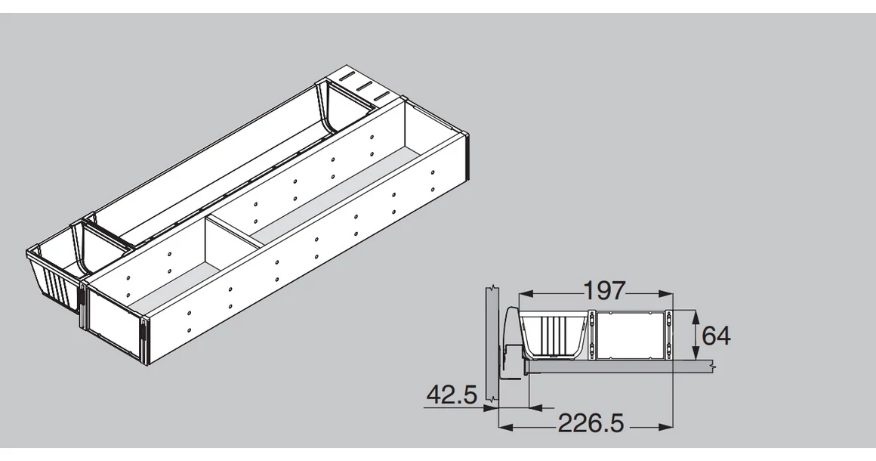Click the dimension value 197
coord(604,291)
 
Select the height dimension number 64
coord(716,336)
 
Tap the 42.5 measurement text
coord(452,395)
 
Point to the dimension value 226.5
coord(591,423)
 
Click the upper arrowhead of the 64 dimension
coord(695,316)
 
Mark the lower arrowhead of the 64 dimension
coord(695,353)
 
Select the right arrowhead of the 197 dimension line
coord(666,292)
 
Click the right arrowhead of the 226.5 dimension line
coord(666,428)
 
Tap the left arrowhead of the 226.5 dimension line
coord(505,428)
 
